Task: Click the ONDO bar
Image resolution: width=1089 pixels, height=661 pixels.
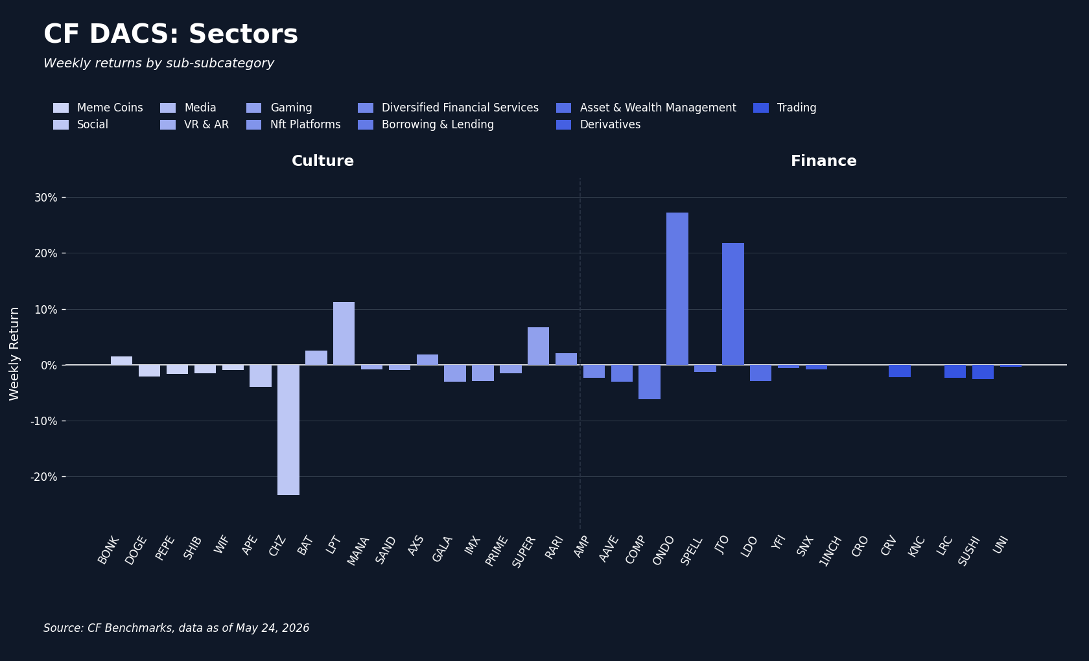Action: [x=677, y=289]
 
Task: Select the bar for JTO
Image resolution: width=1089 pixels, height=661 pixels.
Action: [x=732, y=304]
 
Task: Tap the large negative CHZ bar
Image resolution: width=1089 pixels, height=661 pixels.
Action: [x=288, y=430]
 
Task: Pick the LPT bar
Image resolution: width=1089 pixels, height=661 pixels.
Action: [x=344, y=333]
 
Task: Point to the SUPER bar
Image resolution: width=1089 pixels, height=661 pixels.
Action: [x=538, y=346]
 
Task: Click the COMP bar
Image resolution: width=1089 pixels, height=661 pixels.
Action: [x=650, y=382]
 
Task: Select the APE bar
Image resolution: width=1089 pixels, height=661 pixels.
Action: [x=261, y=376]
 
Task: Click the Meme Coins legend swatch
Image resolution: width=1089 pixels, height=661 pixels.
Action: [x=61, y=108]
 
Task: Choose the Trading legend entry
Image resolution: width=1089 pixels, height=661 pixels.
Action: [x=784, y=108]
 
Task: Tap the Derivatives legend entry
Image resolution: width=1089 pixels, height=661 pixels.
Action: [x=598, y=125]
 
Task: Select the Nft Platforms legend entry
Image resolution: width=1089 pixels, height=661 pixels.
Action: [x=294, y=125]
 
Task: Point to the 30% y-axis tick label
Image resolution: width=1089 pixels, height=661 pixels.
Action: [x=45, y=198]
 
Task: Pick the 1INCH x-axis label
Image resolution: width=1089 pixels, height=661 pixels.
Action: [x=830, y=551]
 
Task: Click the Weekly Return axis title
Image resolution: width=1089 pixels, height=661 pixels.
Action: [x=14, y=354]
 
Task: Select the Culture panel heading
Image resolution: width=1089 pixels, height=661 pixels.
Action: [x=323, y=161]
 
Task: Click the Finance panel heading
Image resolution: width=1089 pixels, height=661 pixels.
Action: [x=823, y=161]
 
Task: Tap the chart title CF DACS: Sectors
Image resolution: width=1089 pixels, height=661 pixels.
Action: [x=170, y=34]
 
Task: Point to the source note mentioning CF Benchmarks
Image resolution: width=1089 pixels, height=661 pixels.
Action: [x=176, y=628]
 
